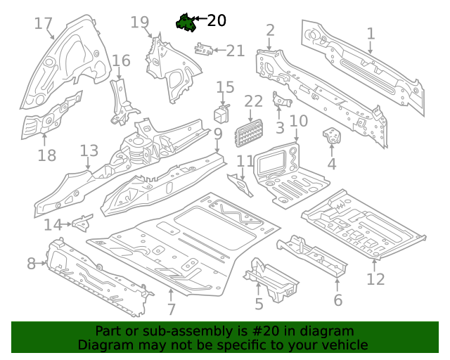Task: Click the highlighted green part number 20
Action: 186,23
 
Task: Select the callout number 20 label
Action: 217,20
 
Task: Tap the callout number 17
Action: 44,24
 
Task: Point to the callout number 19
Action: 140,22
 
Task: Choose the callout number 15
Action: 225,87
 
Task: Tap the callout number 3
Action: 280,127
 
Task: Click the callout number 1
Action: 371,33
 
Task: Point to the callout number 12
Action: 375,279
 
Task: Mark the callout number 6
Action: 337,300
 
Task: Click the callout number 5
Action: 259,304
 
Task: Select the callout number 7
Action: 171,309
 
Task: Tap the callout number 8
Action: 31,264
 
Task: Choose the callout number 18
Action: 46,155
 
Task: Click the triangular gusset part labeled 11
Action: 242,186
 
